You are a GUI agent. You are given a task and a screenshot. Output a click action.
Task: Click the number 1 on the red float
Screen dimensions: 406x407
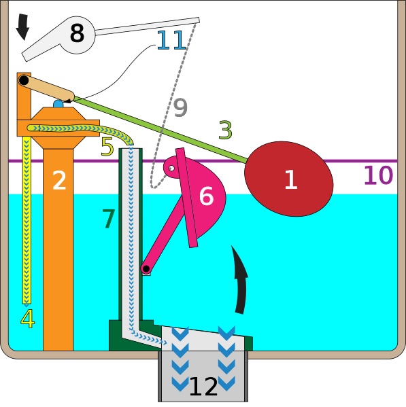pyautogui.click(x=290, y=179)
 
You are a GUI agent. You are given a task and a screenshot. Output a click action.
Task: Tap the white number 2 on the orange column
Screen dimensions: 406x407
pyautogui.click(x=59, y=180)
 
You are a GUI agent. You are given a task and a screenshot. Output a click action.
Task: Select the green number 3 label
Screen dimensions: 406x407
pyautogui.click(x=225, y=130)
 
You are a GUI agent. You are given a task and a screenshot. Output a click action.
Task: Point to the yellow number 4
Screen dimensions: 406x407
pyautogui.click(x=27, y=319)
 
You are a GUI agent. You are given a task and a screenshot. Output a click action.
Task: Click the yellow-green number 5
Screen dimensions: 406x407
pyautogui.click(x=107, y=147)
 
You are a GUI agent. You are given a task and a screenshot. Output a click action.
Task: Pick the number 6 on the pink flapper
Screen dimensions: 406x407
pyautogui.click(x=207, y=196)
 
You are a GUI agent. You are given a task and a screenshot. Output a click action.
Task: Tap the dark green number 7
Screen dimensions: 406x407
pyautogui.click(x=109, y=219)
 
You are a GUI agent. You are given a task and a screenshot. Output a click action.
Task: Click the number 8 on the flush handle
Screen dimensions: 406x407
pyautogui.click(x=77, y=33)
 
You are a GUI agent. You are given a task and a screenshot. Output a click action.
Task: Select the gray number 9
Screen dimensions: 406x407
pyautogui.click(x=180, y=107)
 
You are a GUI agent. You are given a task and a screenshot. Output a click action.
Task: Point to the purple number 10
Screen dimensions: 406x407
pyautogui.click(x=379, y=175)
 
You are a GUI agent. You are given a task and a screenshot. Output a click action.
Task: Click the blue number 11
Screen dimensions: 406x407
pyautogui.click(x=171, y=40)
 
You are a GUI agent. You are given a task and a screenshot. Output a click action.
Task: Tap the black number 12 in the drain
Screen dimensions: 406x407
pyautogui.click(x=203, y=387)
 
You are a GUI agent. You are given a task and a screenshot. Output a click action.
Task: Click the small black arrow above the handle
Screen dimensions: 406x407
pyautogui.click(x=22, y=27)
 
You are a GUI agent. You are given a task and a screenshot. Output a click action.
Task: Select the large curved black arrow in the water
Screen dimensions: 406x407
pyautogui.click(x=240, y=279)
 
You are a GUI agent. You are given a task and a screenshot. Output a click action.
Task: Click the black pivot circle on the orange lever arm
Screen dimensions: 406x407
pyautogui.click(x=24, y=80)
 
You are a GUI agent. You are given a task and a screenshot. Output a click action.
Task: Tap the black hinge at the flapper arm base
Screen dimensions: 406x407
pyautogui.click(x=146, y=268)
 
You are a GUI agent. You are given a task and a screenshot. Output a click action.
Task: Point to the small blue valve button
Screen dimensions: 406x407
pyautogui.click(x=58, y=104)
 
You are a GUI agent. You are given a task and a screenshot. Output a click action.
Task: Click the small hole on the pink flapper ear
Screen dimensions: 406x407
pyautogui.click(x=171, y=169)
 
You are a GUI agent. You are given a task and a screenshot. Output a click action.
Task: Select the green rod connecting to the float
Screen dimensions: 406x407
pyautogui.click(x=160, y=129)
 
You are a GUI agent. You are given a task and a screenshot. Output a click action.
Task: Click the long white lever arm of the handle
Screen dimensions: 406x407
pyautogui.click(x=148, y=26)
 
